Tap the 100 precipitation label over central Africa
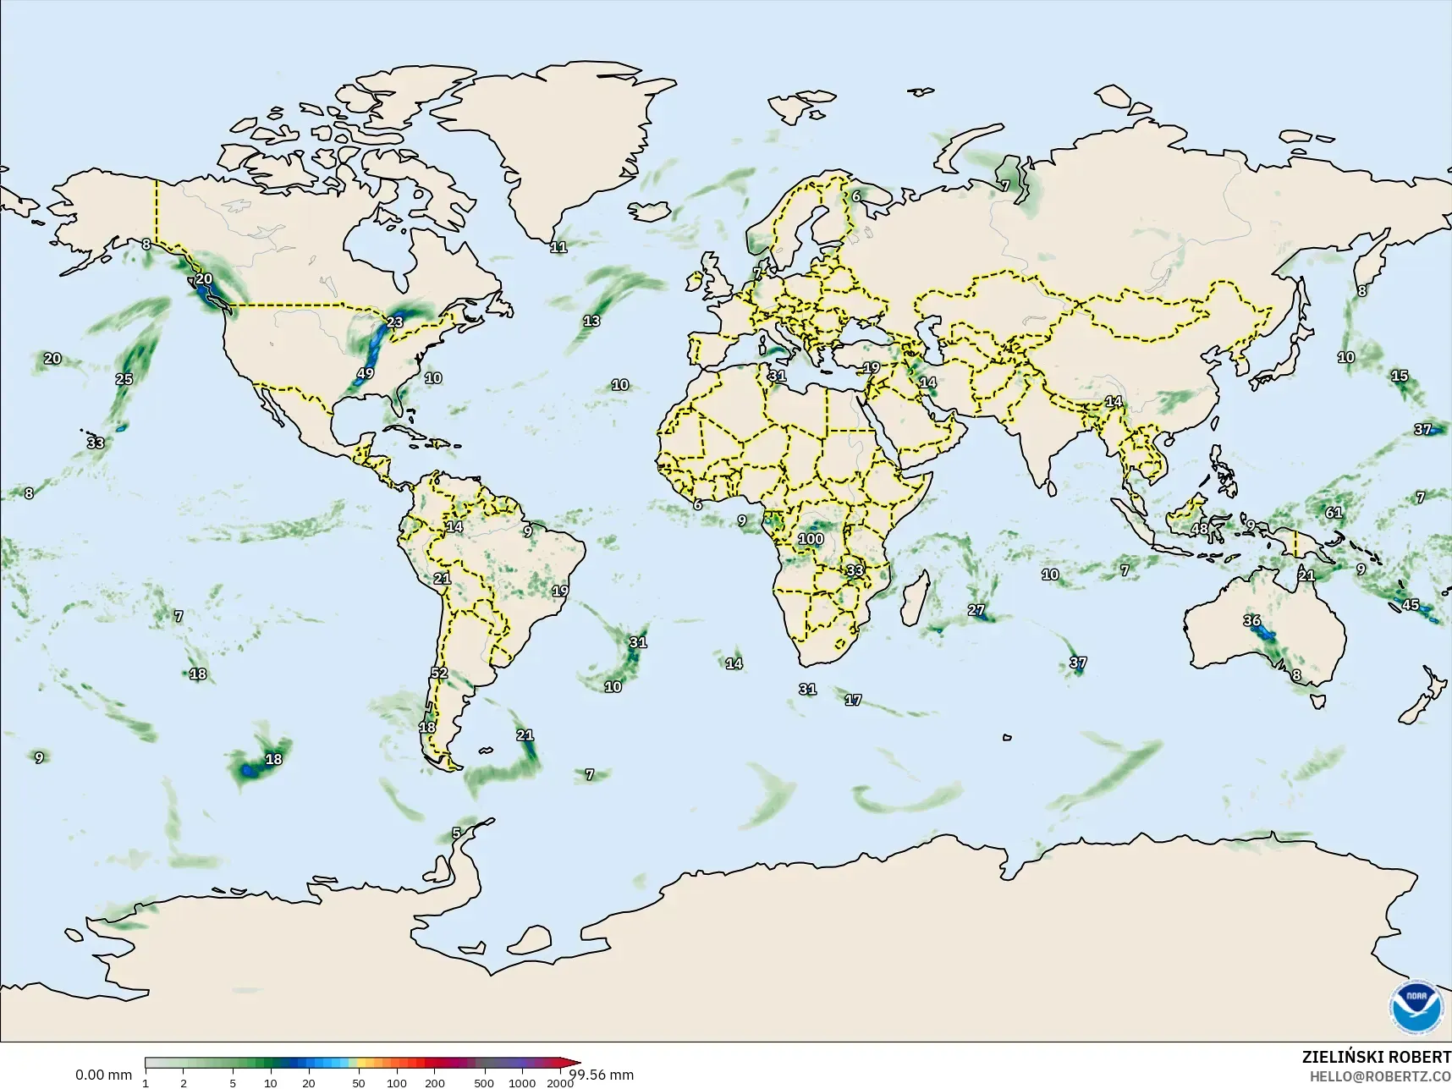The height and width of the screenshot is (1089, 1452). click(x=811, y=539)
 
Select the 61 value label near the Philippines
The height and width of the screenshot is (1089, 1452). click(x=1334, y=512)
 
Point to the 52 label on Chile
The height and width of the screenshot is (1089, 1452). click(x=439, y=674)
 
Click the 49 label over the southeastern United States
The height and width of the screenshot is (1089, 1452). click(x=366, y=373)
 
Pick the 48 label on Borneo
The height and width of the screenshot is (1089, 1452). click(x=1200, y=529)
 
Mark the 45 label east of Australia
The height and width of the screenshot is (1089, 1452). click(x=1411, y=604)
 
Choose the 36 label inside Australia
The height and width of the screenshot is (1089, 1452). click(x=1252, y=620)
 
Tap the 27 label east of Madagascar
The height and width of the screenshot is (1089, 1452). click(x=976, y=609)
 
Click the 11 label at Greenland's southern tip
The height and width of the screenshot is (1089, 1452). click(x=558, y=247)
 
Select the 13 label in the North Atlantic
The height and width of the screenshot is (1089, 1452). click(x=591, y=321)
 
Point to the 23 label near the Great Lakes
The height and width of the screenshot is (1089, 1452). click(x=395, y=322)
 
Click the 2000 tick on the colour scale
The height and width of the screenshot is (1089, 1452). click(x=560, y=1083)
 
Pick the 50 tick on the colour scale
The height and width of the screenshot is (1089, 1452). click(x=359, y=1083)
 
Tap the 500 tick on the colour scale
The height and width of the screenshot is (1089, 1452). click(x=484, y=1083)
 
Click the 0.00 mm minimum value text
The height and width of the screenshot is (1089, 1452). click(x=103, y=1075)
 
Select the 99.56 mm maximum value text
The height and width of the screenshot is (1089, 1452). click(x=602, y=1075)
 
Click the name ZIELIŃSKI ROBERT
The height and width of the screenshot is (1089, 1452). click(x=1376, y=1058)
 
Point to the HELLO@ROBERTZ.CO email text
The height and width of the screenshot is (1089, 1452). click(x=1381, y=1077)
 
